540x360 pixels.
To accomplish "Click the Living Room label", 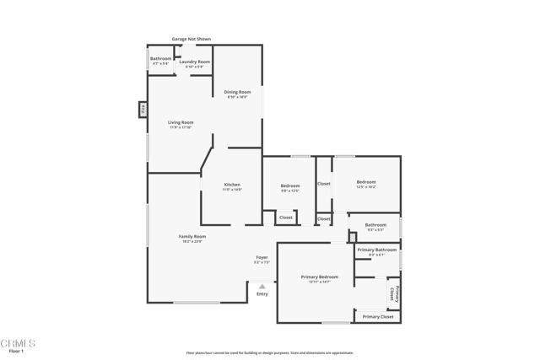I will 181,122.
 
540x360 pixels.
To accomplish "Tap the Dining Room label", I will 237,92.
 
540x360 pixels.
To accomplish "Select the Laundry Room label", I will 194,62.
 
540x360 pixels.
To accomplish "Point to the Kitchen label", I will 232,185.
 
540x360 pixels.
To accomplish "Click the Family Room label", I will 192,236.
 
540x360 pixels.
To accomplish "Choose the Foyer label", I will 262,256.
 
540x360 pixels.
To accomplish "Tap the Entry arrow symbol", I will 262,287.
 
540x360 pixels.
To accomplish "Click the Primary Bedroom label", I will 320,277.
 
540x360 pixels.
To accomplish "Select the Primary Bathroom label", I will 376,250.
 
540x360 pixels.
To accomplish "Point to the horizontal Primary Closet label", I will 377,316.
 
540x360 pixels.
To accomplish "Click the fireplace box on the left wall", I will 143,109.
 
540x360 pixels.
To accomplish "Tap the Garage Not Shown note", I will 192,39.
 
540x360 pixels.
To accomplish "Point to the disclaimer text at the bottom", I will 269,353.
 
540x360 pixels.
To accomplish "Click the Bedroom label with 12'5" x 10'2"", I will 365,182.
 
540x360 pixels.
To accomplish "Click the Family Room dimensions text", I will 192,242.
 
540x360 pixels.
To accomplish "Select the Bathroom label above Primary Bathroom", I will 375,224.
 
